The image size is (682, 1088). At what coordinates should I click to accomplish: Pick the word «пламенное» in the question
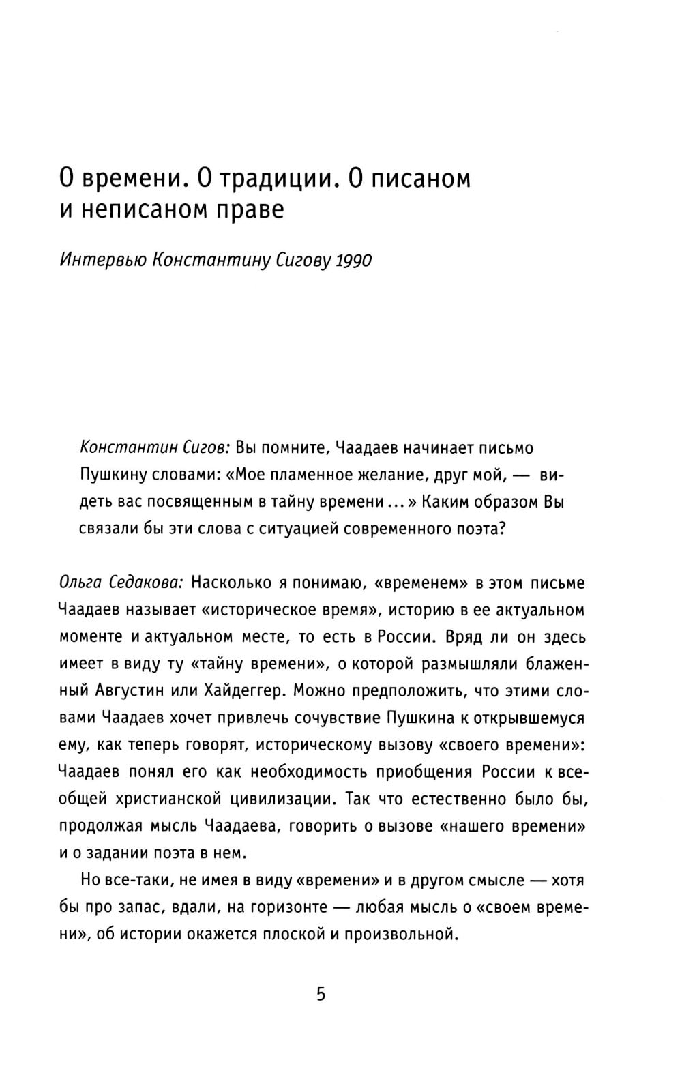click(x=308, y=475)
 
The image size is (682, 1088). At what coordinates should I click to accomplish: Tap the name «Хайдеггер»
click(x=241, y=690)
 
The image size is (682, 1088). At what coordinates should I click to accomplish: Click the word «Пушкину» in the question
click(x=110, y=475)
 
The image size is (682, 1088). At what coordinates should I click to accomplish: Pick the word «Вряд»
click(x=462, y=636)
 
